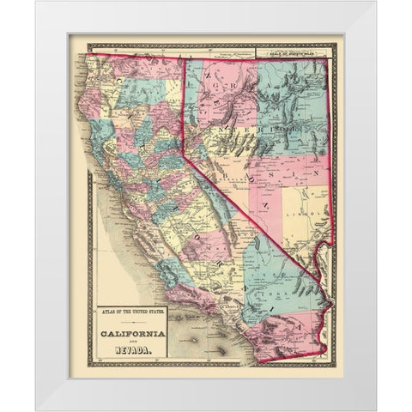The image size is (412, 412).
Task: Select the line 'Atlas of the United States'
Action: [132, 312]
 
